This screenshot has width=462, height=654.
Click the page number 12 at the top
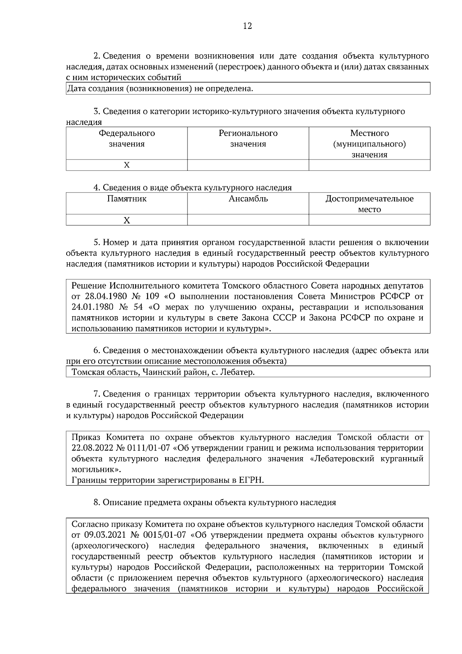click(248, 26)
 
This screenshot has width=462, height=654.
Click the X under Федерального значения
click(127, 165)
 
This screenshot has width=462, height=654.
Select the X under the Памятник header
click(127, 220)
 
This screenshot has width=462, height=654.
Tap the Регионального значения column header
click(248, 139)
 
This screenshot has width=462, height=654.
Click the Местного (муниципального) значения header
click(369, 144)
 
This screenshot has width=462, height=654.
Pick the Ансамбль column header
click(248, 199)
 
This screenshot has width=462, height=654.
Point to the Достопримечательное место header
click(369, 204)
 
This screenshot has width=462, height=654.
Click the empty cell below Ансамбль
click(248, 220)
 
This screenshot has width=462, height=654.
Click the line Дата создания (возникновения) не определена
click(161, 89)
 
